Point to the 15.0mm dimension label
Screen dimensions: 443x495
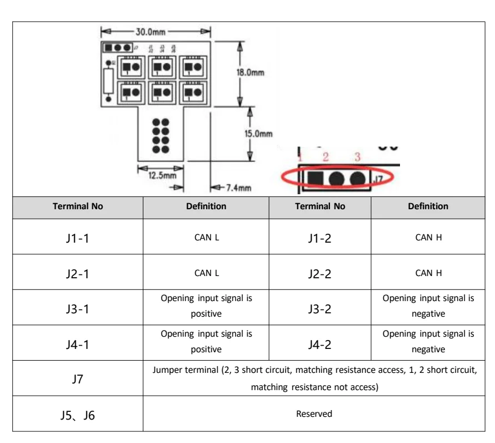point(259,133)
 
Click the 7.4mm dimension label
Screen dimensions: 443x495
point(236,188)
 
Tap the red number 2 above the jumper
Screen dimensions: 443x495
point(326,157)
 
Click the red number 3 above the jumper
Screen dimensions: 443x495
point(357,157)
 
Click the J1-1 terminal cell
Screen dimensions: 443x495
point(78,238)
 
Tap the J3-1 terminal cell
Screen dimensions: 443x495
point(78,308)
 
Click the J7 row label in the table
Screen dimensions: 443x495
point(78,380)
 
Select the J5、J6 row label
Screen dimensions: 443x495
point(78,415)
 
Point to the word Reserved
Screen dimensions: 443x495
point(314,414)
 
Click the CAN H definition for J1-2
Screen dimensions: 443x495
point(428,237)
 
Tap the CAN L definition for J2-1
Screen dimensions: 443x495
point(206,273)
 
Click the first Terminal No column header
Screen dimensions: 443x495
point(78,206)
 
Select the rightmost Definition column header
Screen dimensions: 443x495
point(428,206)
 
